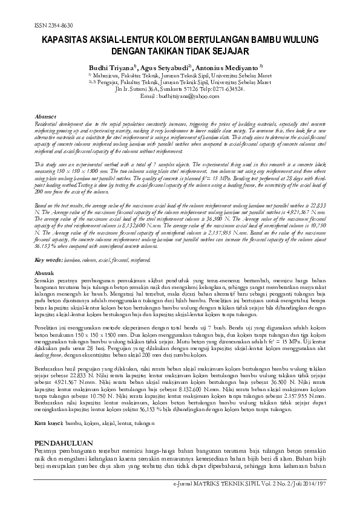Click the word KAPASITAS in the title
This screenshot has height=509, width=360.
66,38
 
